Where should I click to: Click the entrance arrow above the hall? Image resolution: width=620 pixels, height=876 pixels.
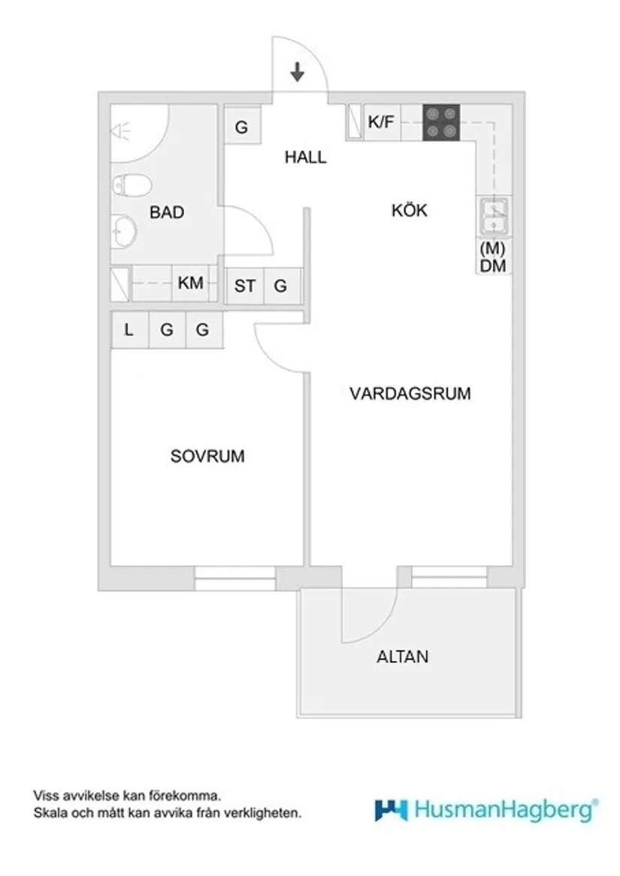[298, 72]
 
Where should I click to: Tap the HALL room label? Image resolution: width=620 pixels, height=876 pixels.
[306, 158]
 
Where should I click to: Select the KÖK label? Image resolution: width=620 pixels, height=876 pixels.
[409, 210]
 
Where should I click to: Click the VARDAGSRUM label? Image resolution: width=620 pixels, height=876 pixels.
[410, 393]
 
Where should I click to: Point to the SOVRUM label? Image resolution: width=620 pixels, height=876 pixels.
[207, 456]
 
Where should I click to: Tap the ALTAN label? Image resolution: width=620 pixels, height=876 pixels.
[402, 657]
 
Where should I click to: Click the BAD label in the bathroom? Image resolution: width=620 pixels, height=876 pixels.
[167, 213]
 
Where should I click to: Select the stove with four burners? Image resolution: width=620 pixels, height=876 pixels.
[441, 122]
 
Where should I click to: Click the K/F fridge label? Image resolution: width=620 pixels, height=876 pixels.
[380, 122]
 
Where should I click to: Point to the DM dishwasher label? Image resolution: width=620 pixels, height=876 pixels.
[493, 266]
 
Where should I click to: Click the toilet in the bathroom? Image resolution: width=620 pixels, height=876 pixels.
[132, 185]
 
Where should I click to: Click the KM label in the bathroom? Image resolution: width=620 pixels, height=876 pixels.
[190, 284]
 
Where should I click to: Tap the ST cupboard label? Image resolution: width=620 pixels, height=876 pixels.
[244, 286]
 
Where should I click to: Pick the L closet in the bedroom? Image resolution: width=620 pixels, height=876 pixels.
[129, 330]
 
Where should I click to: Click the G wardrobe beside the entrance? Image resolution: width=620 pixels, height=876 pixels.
[241, 127]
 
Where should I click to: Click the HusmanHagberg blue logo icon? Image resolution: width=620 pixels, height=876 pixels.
[391, 809]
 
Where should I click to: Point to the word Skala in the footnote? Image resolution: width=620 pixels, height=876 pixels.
[47, 812]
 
